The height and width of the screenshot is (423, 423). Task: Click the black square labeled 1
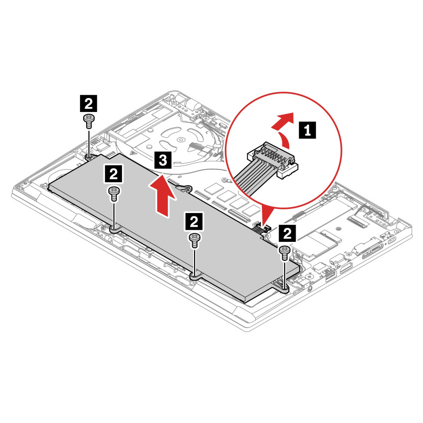(x=308, y=131)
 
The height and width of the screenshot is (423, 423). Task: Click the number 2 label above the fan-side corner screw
(x=89, y=104)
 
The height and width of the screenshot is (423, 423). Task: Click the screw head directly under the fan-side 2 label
(x=89, y=118)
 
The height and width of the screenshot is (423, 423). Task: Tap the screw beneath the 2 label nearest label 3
(x=114, y=192)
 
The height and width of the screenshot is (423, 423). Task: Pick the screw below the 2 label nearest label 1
(x=285, y=252)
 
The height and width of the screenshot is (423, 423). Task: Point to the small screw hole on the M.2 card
(x=338, y=228)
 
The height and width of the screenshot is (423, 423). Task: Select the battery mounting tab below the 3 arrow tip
(x=184, y=188)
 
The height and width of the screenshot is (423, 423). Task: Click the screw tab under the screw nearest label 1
(x=284, y=288)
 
